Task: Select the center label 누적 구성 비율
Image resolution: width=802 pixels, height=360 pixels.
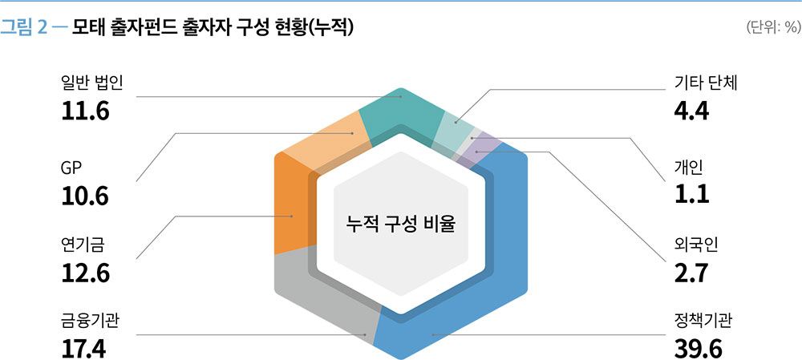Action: pos(400,224)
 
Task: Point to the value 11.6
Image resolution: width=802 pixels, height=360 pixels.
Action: pos(85,112)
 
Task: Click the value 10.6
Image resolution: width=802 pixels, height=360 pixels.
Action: pos(85,196)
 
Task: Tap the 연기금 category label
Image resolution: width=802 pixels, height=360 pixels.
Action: pos(83,245)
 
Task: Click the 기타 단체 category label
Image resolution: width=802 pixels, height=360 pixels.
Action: pos(705,83)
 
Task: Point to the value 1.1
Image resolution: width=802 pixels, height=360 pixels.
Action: pos(691,194)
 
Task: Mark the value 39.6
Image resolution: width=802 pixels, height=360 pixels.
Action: pos(699,350)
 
